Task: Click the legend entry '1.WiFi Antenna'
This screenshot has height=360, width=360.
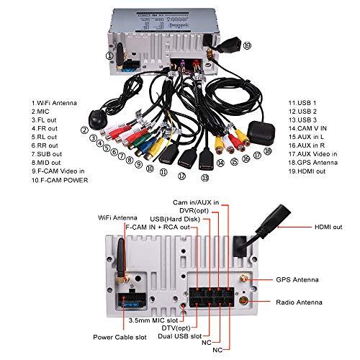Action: tap(54, 103)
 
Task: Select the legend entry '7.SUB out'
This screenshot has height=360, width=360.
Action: tap(47, 154)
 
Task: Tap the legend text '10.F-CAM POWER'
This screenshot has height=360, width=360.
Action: tap(60, 180)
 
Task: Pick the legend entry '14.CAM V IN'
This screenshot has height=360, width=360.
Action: tap(307, 128)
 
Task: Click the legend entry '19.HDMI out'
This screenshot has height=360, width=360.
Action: tap(307, 171)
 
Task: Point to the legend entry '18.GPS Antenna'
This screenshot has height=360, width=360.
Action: tap(313, 163)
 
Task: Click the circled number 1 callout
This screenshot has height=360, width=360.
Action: tap(109, 56)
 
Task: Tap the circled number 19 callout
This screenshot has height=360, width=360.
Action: tap(247, 45)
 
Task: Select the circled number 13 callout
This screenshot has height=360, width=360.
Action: tap(205, 178)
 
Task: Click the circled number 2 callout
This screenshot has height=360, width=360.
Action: tap(84, 130)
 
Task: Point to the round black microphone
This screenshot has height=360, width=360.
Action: tap(98, 120)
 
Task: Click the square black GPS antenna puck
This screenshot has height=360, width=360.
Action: tap(261, 132)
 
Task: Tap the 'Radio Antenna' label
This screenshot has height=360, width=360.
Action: tap(299, 302)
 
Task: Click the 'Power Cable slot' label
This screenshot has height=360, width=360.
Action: tap(120, 337)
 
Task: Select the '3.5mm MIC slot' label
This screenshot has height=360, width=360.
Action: tap(153, 320)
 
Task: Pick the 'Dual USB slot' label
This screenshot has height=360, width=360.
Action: tap(180, 336)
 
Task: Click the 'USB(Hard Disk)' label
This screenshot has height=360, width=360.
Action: tap(175, 219)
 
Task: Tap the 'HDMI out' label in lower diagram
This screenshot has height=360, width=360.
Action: tap(328, 227)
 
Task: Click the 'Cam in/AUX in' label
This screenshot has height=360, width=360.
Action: tap(196, 202)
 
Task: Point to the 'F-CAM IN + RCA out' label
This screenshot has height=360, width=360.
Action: tap(158, 227)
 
